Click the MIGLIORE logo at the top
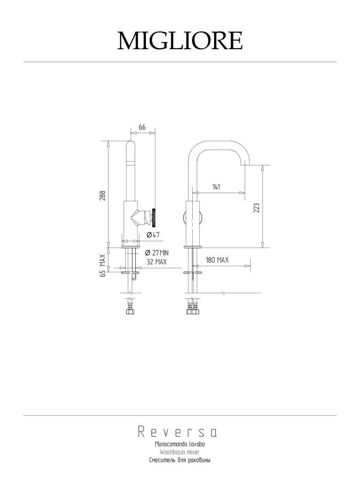tap(180, 41)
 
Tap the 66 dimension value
tap(142, 127)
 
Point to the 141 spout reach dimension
tap(216, 187)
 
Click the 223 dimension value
tap(257, 208)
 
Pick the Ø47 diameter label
tap(153, 235)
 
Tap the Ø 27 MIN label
tap(157, 253)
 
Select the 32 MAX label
tap(156, 261)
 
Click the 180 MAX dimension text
tap(217, 260)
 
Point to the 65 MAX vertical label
tap(103, 265)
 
